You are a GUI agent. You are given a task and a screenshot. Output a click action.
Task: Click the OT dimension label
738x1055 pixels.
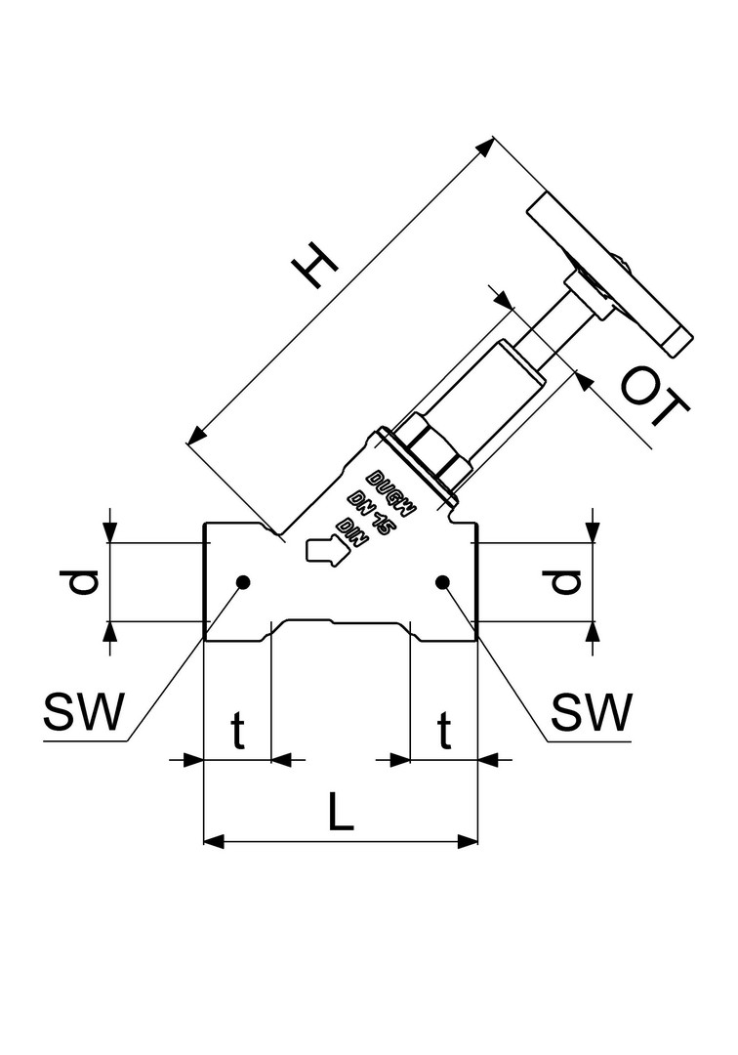653,398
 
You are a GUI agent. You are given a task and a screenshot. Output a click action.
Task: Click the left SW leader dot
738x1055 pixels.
243,582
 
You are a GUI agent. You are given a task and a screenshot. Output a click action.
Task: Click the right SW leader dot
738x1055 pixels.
442,582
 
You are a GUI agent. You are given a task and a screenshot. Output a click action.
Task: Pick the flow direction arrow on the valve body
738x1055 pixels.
326,549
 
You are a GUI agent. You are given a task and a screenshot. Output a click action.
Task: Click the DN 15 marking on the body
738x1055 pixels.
368,514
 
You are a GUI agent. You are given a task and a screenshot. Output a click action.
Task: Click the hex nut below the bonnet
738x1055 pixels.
434,449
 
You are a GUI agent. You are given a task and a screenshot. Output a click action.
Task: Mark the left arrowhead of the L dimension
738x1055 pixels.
214,841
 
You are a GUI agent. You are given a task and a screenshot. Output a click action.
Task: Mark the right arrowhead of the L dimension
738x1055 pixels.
468,841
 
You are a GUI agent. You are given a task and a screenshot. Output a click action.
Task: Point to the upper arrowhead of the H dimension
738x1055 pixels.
485,148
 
